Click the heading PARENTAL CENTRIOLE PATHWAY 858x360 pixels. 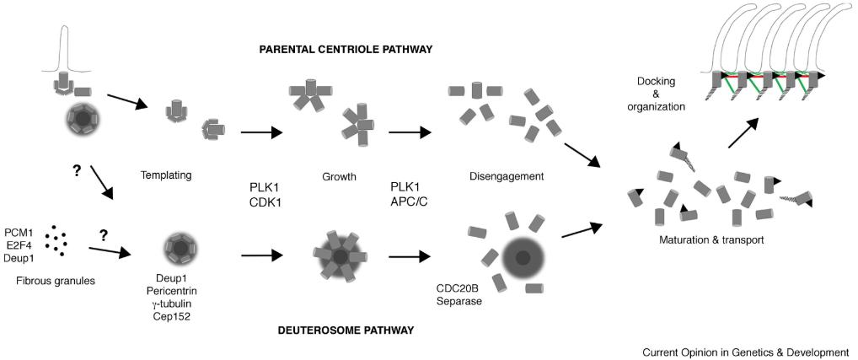click(346, 50)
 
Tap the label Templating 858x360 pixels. click(169, 176)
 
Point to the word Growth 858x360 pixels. click(340, 178)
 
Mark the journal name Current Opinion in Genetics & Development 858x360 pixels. click(745, 352)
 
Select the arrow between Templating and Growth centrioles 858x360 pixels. click(261, 132)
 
